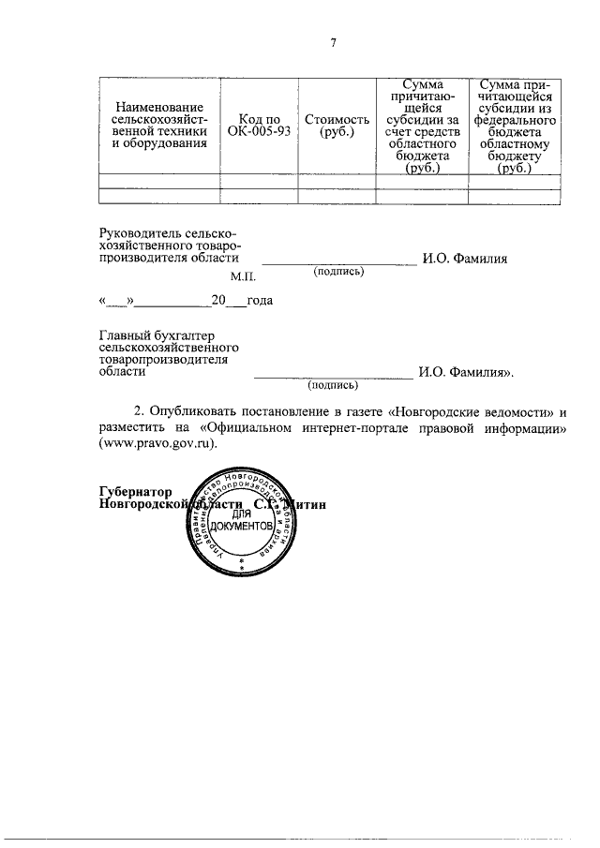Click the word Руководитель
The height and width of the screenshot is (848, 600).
(141, 233)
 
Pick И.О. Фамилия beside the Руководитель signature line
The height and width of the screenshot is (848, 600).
(465, 259)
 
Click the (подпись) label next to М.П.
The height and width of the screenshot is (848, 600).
(339, 272)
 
